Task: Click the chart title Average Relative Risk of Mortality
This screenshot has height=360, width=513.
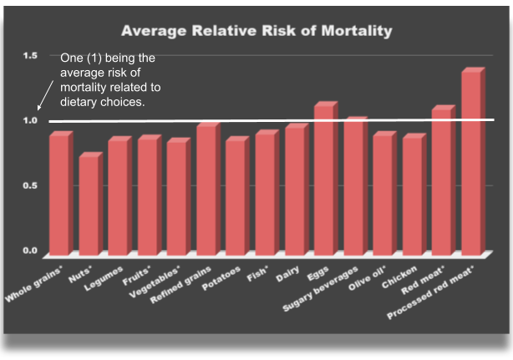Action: click(256, 32)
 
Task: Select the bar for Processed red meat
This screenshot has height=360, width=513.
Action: click(470, 163)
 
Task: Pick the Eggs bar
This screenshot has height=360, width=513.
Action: click(323, 180)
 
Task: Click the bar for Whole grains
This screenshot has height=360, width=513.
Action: click(58, 194)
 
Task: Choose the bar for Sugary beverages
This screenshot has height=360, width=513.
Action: click(353, 187)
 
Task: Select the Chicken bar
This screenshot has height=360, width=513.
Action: click(412, 195)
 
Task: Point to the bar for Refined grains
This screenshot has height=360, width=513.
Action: click(206, 190)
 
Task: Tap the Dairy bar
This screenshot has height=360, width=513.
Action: click(294, 190)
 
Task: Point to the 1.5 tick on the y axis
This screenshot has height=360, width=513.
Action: click(31, 56)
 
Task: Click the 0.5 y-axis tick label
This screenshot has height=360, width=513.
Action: click(31, 185)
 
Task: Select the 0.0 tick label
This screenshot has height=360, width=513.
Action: click(31, 251)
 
